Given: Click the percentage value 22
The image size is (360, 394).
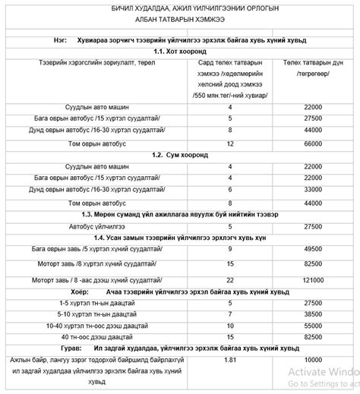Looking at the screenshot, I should click(230, 279).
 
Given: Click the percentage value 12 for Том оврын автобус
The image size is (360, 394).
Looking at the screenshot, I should click(230, 142).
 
